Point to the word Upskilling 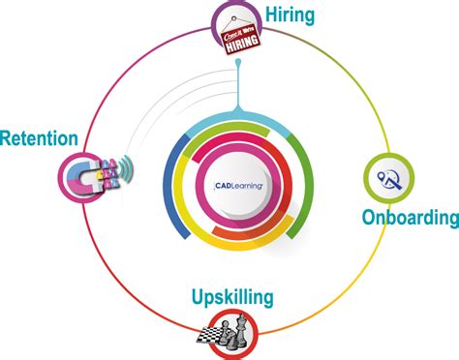[x=232, y=296]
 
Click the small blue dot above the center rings [x=236, y=65]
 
